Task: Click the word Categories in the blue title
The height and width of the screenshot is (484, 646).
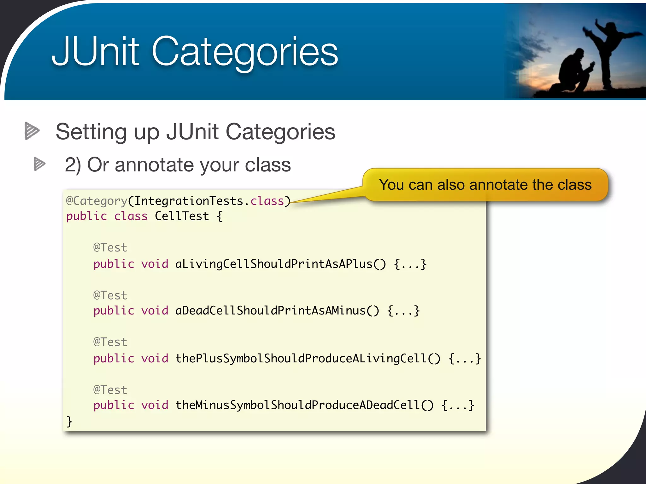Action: (244, 52)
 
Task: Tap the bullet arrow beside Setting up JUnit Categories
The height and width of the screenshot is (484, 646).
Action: (32, 131)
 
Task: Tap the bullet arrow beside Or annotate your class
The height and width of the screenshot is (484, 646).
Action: (39, 164)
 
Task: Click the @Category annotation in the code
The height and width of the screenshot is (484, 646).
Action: (97, 201)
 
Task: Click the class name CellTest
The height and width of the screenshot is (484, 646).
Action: (182, 216)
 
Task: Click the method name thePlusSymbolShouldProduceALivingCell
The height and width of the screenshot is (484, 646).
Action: (301, 358)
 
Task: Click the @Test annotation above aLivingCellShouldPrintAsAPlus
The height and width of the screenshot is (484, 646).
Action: (110, 248)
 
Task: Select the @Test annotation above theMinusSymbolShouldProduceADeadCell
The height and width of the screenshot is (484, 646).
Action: (110, 390)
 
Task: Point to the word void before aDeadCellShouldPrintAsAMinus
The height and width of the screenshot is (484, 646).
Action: (155, 311)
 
